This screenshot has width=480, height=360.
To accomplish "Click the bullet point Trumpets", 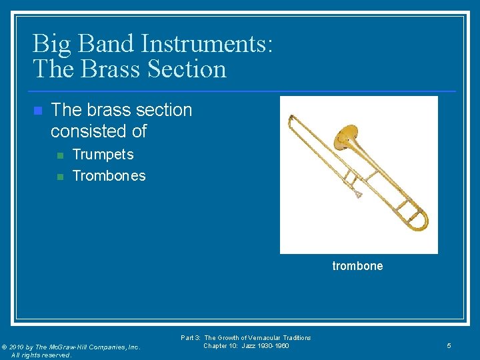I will tap(103, 155).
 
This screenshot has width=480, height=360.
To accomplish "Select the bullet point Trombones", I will tap(109, 176).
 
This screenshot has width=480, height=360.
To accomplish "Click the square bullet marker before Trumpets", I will tap(60, 155).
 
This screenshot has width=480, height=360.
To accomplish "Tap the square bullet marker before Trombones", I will tap(60, 177).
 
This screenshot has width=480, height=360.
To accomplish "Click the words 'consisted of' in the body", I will tap(98, 131).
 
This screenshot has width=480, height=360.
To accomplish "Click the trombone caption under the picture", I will tap(357, 266).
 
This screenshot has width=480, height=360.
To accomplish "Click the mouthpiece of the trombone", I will tap(359, 194).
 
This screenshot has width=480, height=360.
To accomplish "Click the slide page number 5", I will tap(449, 346).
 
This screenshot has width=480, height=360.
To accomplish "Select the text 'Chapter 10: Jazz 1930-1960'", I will tap(246, 346).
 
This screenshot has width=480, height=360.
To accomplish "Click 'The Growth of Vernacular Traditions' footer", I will tap(257, 338).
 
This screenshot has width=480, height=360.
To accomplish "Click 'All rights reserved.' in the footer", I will tap(41, 355).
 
